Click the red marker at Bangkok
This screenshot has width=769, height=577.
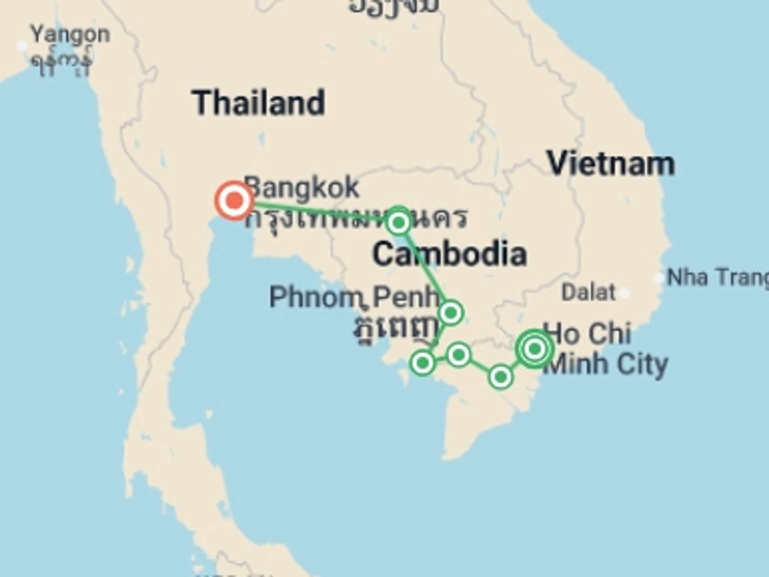(x=234, y=200)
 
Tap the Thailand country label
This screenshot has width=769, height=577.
(x=258, y=103)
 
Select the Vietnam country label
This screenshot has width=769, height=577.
(x=611, y=163)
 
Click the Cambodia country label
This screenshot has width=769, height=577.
(x=449, y=254)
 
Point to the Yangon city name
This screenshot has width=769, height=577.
(x=70, y=35)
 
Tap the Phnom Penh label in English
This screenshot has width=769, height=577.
(x=354, y=297)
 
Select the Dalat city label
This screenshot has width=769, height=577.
(x=588, y=293)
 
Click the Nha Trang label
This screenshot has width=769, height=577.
(x=717, y=277)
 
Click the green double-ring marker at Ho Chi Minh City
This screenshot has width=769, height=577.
(x=535, y=349)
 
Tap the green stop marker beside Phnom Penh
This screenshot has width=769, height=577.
(x=451, y=313)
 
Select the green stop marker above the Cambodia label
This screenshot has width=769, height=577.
(x=399, y=222)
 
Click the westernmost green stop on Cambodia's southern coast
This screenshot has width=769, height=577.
(x=423, y=363)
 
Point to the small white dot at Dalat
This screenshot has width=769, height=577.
(x=624, y=293)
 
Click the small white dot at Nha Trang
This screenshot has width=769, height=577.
(x=658, y=278)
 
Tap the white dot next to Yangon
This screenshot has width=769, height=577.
(x=22, y=46)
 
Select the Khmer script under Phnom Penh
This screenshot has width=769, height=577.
(x=395, y=331)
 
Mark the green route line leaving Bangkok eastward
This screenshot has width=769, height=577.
(x=316, y=212)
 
